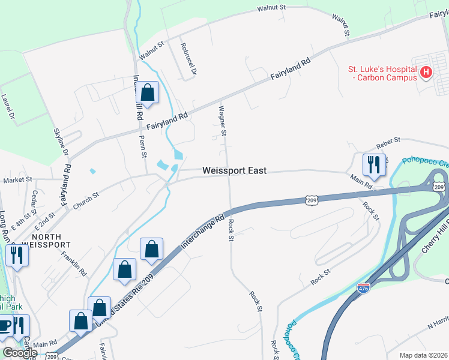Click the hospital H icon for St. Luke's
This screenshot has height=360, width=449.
pyautogui.click(x=426, y=73)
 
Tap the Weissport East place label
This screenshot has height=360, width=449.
pyautogui.click(x=234, y=171)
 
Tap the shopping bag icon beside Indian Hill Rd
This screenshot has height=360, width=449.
pyautogui.click(x=148, y=93)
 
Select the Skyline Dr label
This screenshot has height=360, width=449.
pyautogui.click(x=61, y=143)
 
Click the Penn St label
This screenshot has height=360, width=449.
pyautogui.click(x=143, y=146)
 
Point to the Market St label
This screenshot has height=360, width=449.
pyautogui.click(x=17, y=180)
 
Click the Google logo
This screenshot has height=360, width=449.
pyautogui.click(x=19, y=353)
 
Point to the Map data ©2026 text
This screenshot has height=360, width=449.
pyautogui.click(x=423, y=355)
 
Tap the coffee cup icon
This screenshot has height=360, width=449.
pyautogui.click(x=5, y=326)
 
